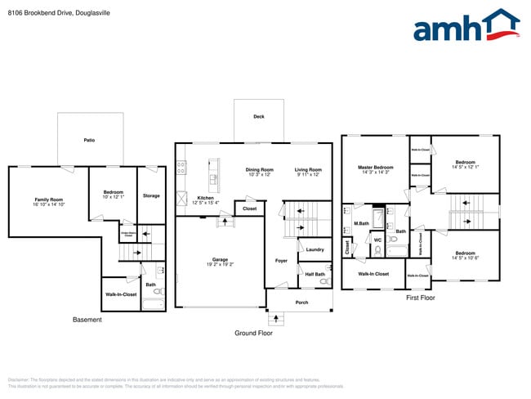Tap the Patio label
(89, 141)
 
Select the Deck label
(258, 117)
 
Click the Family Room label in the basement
(49, 199)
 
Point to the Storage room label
(151, 195)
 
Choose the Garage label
(220, 260)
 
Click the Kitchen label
(205, 198)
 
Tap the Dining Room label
(261, 169)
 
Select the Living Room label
(308, 169)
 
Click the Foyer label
(281, 261)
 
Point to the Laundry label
(315, 249)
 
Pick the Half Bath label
(315, 274)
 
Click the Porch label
(301, 303)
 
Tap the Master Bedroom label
(376, 168)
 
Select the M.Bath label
(361, 223)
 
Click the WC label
(377, 240)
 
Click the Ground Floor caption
(254, 333)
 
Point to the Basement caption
(87, 320)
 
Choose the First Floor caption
(421, 298)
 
